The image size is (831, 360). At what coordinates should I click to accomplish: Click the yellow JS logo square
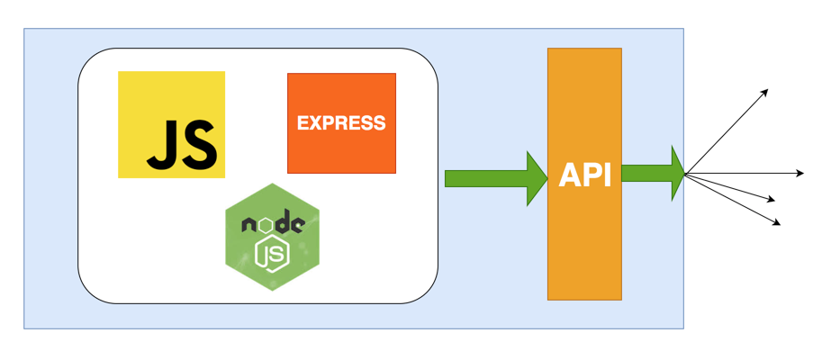(x=171, y=124)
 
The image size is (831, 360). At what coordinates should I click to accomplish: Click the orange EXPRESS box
(x=341, y=123)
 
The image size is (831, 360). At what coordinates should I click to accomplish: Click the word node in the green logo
(x=272, y=224)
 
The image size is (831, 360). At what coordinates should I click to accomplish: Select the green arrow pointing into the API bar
(x=495, y=174)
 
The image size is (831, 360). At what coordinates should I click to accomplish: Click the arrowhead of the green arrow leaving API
(x=677, y=173)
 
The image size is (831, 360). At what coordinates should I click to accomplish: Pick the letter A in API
(x=569, y=175)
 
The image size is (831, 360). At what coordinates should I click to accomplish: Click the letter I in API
(x=607, y=175)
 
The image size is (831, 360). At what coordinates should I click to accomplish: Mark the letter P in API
(x=590, y=175)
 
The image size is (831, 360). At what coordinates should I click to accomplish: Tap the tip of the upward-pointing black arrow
(x=767, y=90)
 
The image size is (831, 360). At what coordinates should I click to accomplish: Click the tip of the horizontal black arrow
(x=803, y=173)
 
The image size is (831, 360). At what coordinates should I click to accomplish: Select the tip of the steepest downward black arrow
(x=780, y=223)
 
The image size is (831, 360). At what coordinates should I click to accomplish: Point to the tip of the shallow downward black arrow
(x=775, y=200)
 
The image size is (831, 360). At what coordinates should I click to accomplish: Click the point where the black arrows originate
(x=686, y=173)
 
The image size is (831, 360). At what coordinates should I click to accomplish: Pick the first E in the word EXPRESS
(x=303, y=123)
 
